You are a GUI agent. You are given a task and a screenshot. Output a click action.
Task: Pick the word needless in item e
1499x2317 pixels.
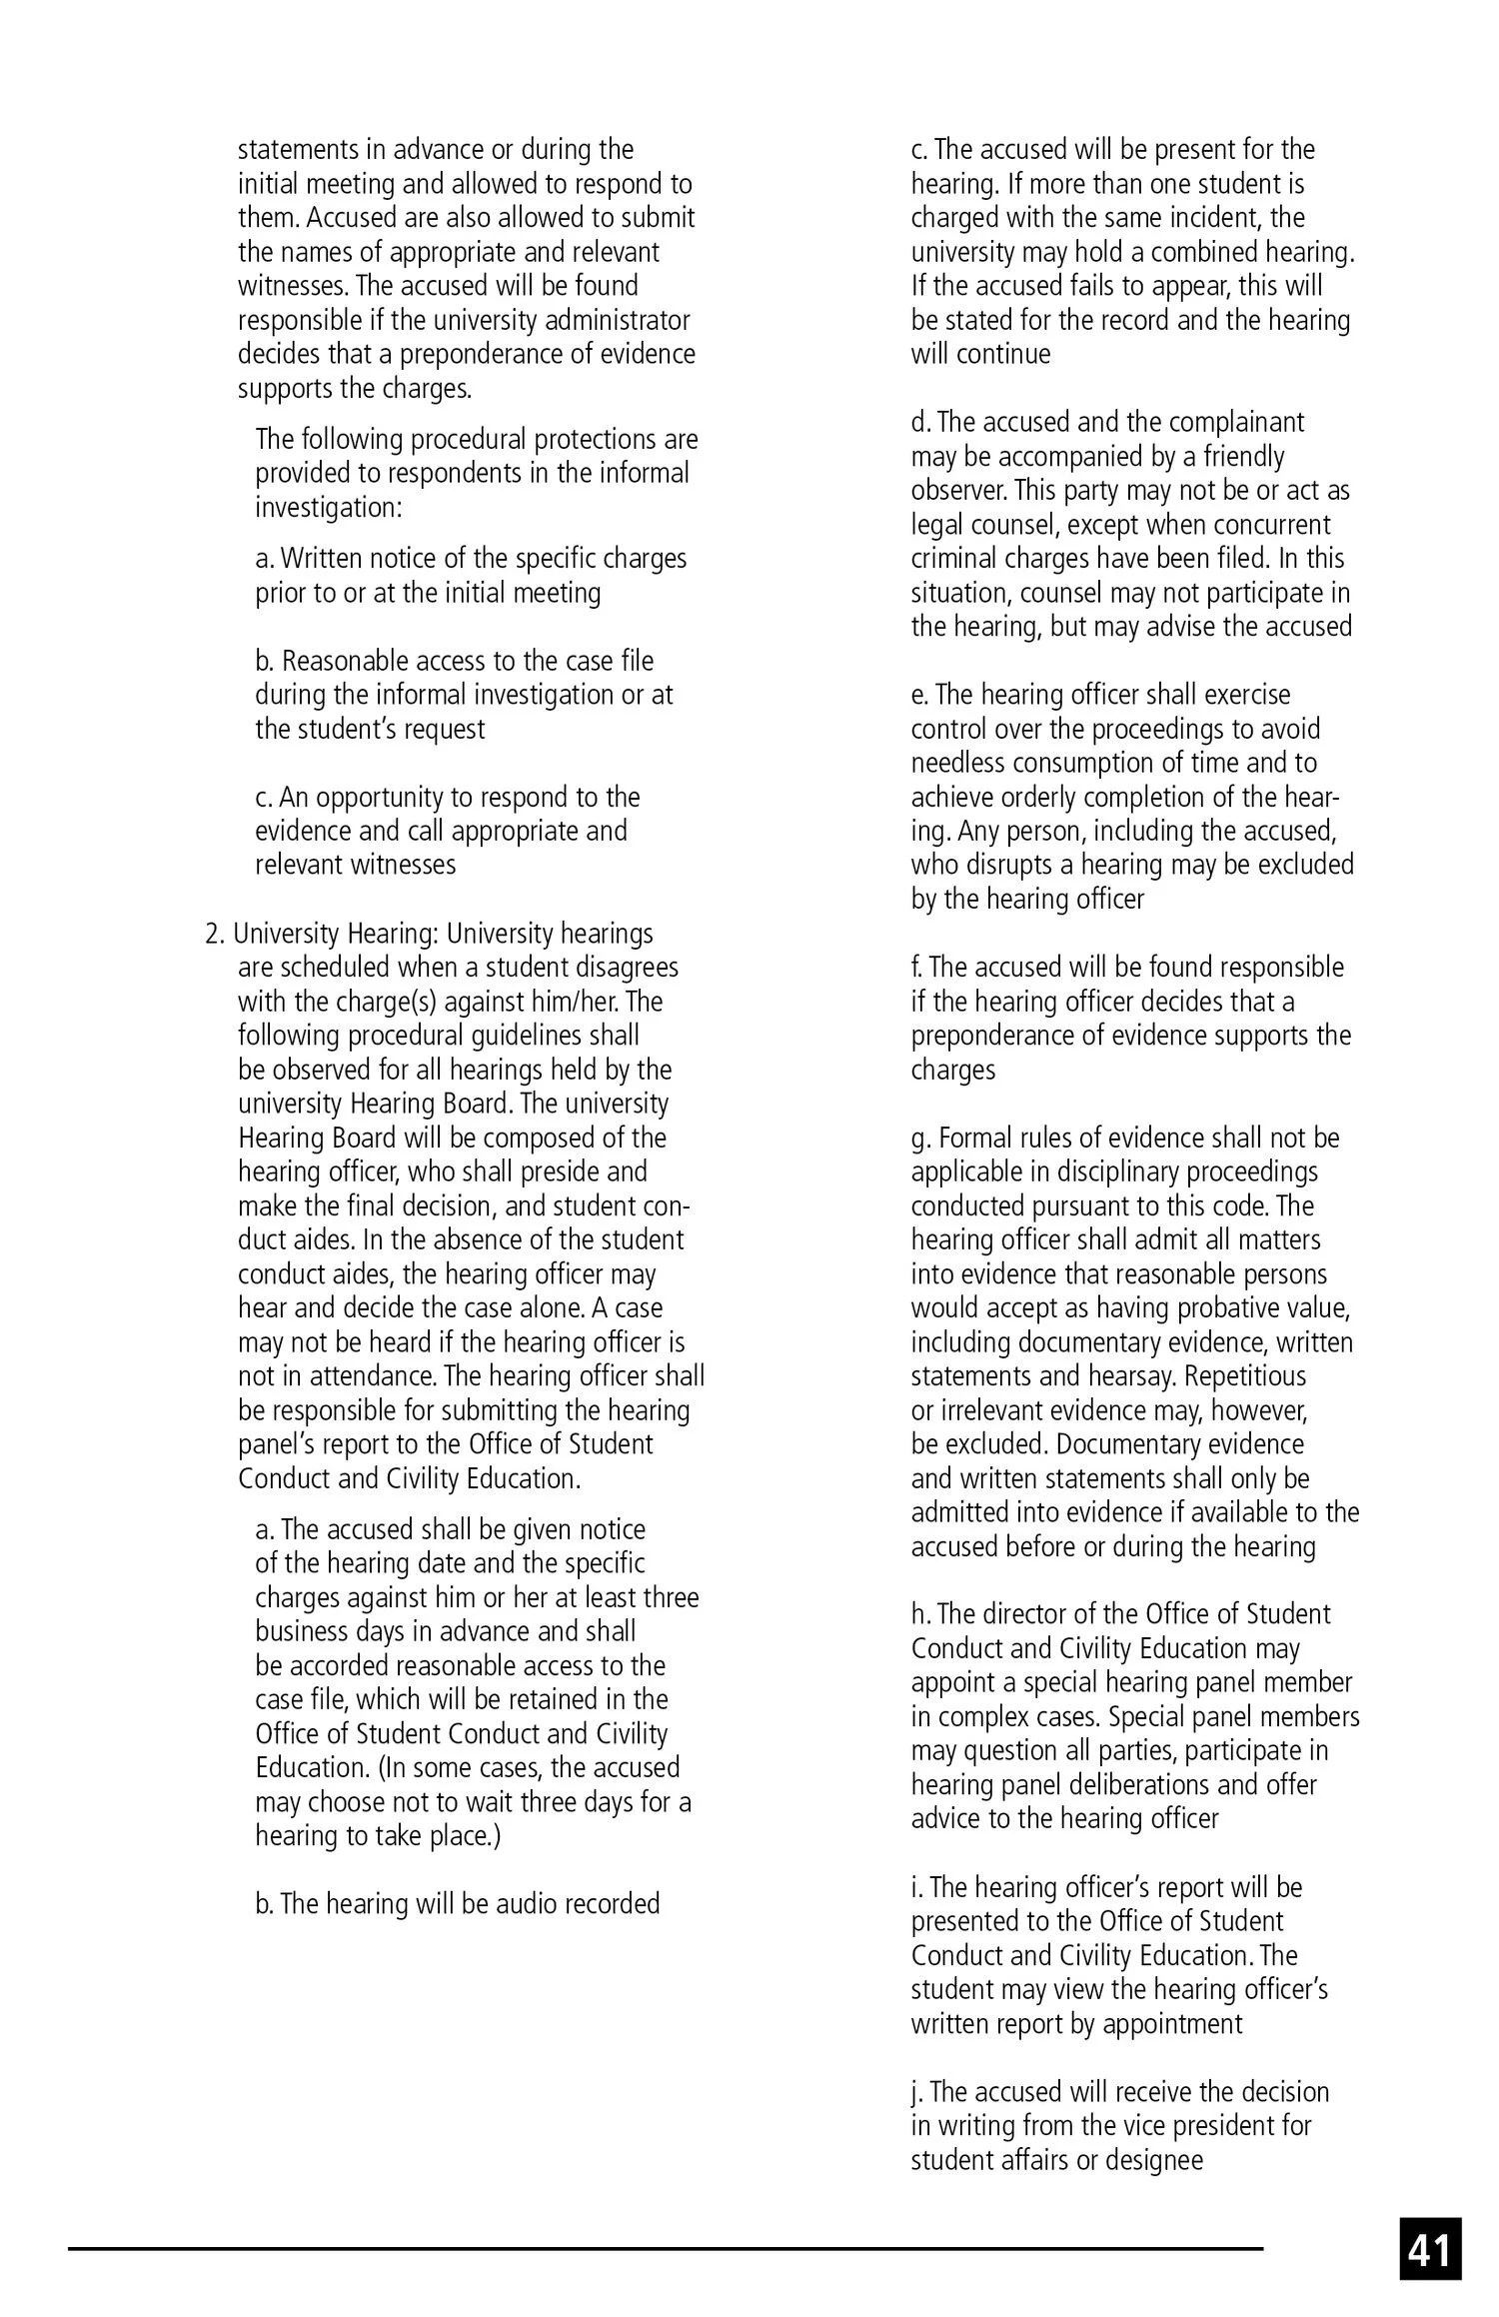[x=958, y=764]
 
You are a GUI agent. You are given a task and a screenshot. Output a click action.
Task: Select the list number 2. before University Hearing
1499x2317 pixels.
[x=215, y=934]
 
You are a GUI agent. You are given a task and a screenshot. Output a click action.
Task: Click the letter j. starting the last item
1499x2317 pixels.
[x=916, y=2092]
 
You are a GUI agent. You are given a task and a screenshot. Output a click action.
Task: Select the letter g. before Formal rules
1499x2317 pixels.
[x=919, y=1139]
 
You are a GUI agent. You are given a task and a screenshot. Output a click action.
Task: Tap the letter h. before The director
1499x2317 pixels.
[x=919, y=1614]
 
